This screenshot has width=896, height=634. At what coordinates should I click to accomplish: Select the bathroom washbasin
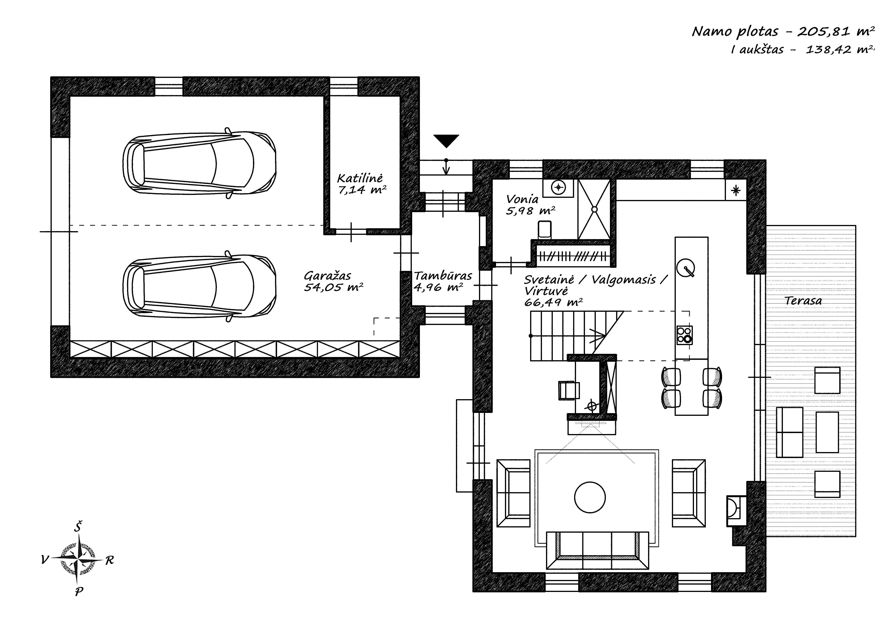[558, 188]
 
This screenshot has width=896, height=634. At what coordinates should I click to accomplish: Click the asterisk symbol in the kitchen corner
[736, 190]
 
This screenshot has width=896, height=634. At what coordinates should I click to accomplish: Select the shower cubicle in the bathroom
[594, 209]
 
